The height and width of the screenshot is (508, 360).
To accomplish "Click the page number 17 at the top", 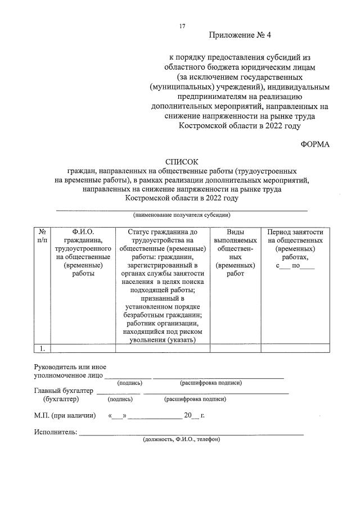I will (182, 26).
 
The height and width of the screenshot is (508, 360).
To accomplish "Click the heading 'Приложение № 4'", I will (240, 35).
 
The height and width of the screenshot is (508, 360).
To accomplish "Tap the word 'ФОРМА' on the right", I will (315, 144).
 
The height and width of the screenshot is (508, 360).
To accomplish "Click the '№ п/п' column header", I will (42, 235).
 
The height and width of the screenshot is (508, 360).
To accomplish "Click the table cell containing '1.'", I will (42, 348).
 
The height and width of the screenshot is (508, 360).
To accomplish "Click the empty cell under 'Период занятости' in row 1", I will (295, 348).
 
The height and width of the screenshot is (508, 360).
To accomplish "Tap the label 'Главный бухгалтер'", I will (63, 391).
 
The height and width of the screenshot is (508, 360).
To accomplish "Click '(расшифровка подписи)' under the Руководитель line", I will (211, 383).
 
